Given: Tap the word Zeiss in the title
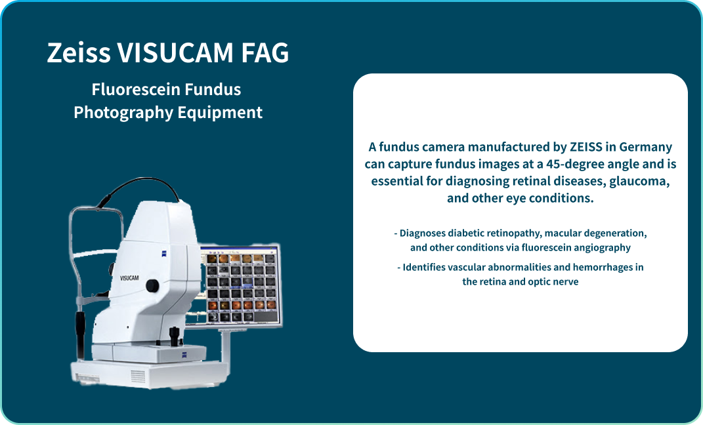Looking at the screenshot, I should click(x=78, y=53).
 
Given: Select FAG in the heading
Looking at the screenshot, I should click(x=266, y=53).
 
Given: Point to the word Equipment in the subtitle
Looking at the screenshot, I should click(x=220, y=112).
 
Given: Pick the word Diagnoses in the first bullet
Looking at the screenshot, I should click(x=424, y=233).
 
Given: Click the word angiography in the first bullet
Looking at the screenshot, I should click(x=600, y=247).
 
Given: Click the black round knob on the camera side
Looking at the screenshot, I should click(x=152, y=285).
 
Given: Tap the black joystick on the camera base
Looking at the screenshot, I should click(x=175, y=336).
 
